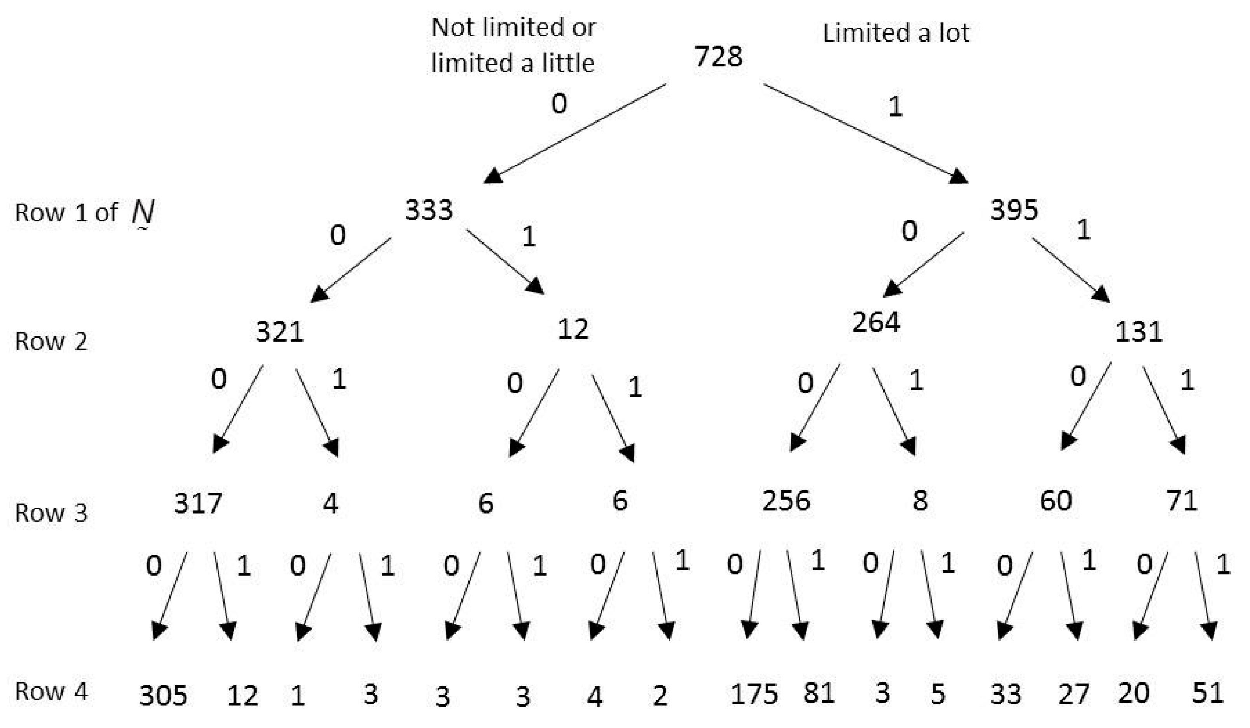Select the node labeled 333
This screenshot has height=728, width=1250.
[x=429, y=210]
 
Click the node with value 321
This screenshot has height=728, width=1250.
[x=279, y=332]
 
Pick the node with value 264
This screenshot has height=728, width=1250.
[x=875, y=322]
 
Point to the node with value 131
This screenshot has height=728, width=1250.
[x=1138, y=332]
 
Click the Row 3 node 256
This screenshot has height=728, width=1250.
[x=786, y=500]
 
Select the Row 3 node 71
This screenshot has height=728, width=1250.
[x=1182, y=500]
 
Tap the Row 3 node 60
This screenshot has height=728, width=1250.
[x=1056, y=500]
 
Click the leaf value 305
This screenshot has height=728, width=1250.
[x=163, y=696]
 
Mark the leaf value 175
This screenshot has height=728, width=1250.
[x=754, y=694]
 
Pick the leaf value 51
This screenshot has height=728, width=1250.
[x=1207, y=693]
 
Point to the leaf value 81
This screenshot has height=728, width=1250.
[x=819, y=693]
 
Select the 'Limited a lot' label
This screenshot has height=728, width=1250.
[x=896, y=33]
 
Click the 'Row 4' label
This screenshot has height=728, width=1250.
[x=51, y=692]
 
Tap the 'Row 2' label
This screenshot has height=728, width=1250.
[x=51, y=342]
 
